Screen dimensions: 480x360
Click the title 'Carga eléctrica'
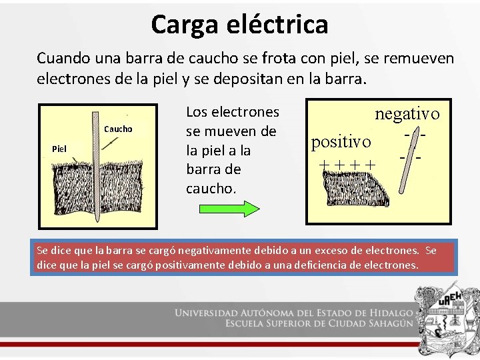pyautogui.click(x=239, y=25)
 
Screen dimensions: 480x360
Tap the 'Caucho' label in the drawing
pyautogui.click(x=119, y=129)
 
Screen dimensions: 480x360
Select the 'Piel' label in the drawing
pyautogui.click(x=59, y=148)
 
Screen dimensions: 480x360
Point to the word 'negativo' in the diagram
pyautogui.click(x=407, y=114)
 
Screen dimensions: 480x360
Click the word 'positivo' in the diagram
pyautogui.click(x=341, y=141)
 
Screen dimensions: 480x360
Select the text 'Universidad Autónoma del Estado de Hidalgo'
pyautogui.click(x=294, y=313)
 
